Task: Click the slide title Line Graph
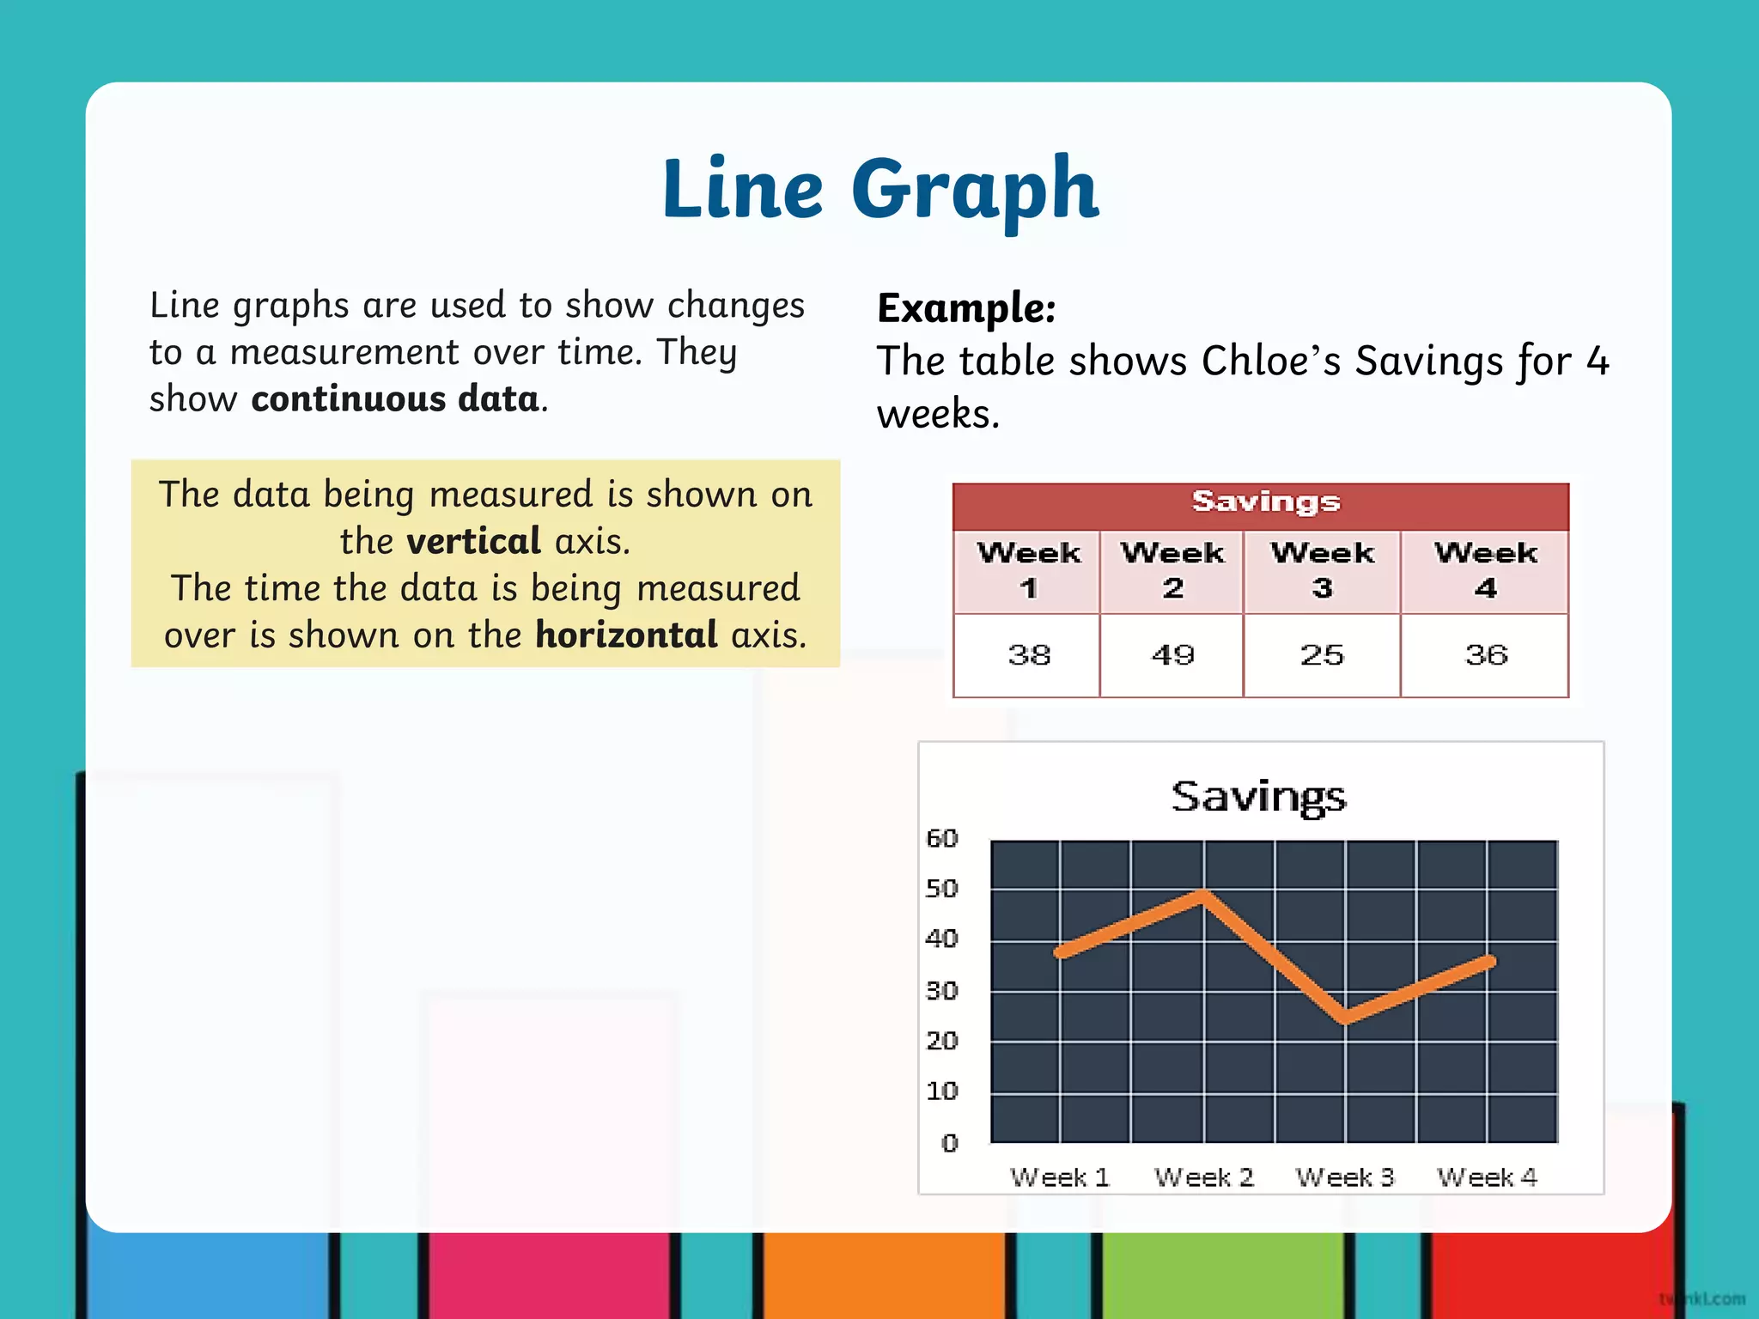[879, 189]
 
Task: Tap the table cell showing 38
[1028, 655]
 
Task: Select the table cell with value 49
[1172, 655]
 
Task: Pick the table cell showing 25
[1322, 655]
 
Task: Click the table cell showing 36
[1486, 655]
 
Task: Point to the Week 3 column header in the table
[1322, 570]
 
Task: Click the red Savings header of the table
[1264, 502]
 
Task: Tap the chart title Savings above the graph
[1258, 797]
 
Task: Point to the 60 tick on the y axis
[941, 838]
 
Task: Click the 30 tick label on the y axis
[941, 991]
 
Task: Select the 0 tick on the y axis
[949, 1143]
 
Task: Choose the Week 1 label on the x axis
[1060, 1177]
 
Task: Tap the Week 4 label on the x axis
[1487, 1177]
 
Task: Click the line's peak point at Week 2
[1203, 895]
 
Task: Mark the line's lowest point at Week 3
[1345, 1018]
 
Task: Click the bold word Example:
[966, 308]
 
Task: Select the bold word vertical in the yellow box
[473, 541]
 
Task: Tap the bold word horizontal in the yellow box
[626, 635]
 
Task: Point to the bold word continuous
[348, 399]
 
